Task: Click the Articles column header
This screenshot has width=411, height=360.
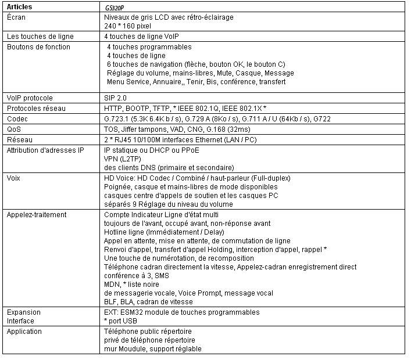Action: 19,8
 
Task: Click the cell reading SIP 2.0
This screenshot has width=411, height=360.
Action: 115,98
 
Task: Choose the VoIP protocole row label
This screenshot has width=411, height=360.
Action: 30,98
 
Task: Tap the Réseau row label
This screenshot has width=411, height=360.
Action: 19,139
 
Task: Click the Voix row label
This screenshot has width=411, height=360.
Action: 14,179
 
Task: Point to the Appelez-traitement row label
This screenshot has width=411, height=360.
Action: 37,215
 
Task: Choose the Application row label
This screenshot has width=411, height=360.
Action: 24,332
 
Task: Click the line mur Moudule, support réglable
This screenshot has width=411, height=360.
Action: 153,348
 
